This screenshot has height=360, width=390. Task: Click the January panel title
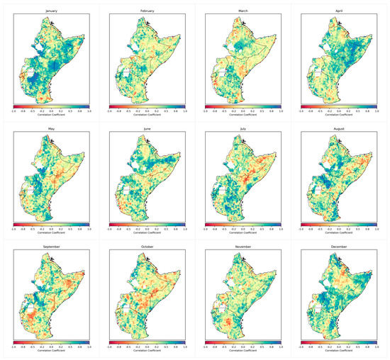click(x=50, y=11)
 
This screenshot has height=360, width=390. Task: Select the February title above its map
click(x=147, y=11)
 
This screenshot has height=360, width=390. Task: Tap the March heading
click(x=243, y=11)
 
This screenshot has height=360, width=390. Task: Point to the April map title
click(x=339, y=11)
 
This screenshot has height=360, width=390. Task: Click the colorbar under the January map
click(x=50, y=106)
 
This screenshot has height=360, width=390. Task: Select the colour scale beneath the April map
click(x=339, y=106)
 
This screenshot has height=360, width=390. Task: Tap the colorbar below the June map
click(x=147, y=224)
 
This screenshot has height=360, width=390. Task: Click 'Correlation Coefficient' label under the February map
click(x=147, y=115)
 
